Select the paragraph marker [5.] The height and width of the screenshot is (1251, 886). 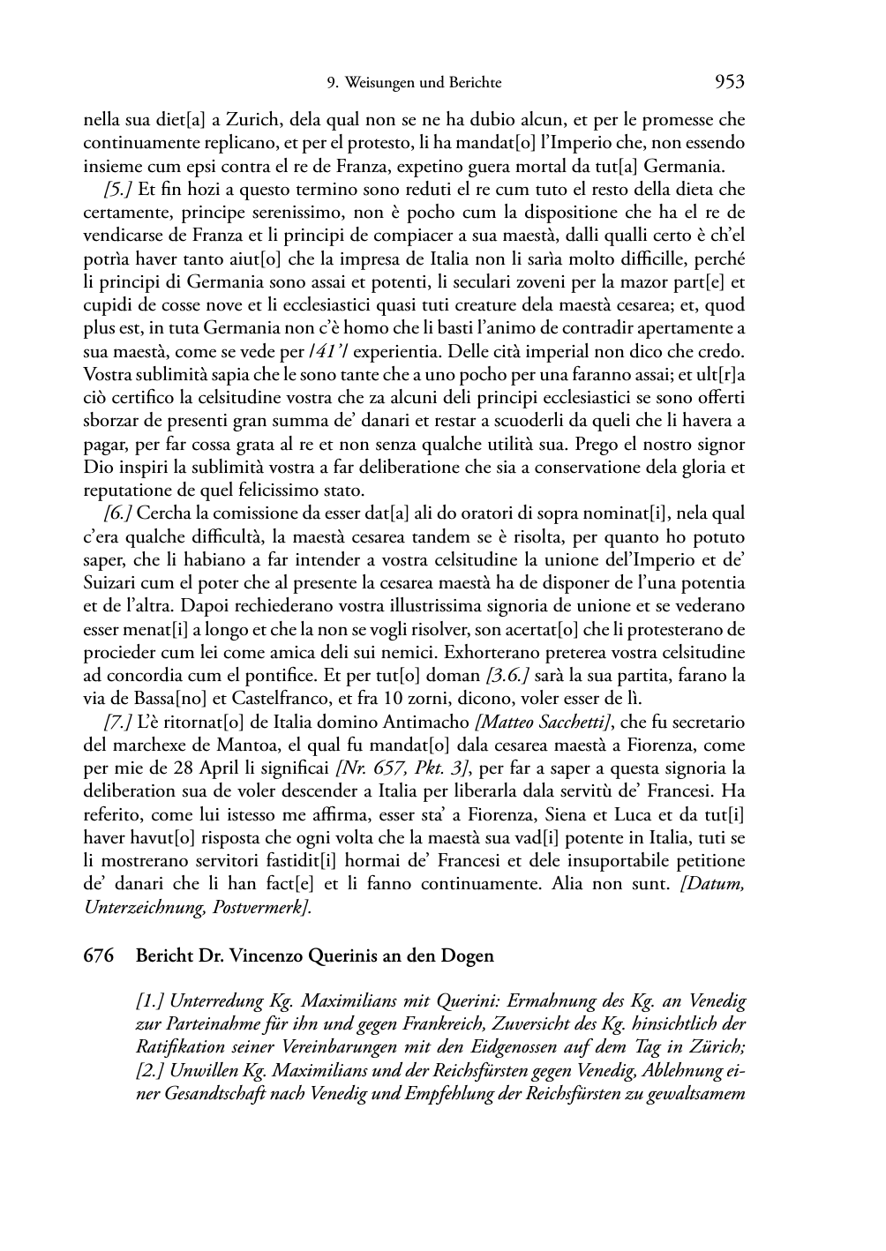pos(119,190)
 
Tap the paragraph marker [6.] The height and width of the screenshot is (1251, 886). pos(119,513)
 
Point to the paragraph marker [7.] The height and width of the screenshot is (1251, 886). pos(119,722)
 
